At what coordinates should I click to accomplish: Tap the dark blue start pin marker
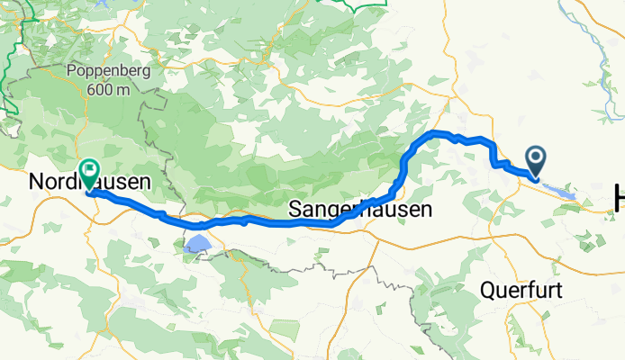(536, 162)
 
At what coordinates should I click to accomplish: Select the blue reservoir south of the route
(197, 243)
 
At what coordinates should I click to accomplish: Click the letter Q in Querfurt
(486, 292)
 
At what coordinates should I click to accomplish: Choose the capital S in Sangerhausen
(294, 210)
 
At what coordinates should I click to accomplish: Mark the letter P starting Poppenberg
(71, 72)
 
